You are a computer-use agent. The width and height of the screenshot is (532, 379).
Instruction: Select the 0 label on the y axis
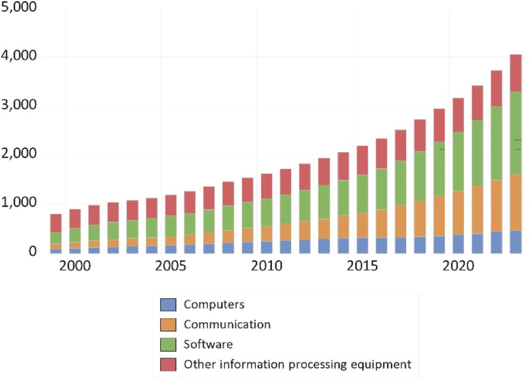(x=33, y=252)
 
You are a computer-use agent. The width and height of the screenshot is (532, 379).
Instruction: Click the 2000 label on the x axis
(x=75, y=266)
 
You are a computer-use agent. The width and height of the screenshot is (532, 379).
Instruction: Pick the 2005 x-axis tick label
(x=171, y=266)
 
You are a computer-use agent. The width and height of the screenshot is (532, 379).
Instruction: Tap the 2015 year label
(x=362, y=266)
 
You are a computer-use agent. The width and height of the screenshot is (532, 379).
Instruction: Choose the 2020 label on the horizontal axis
(x=458, y=266)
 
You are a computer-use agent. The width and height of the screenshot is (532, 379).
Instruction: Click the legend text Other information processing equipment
(x=297, y=364)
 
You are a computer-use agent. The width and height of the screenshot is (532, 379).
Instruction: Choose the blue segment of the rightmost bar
(x=516, y=241)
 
